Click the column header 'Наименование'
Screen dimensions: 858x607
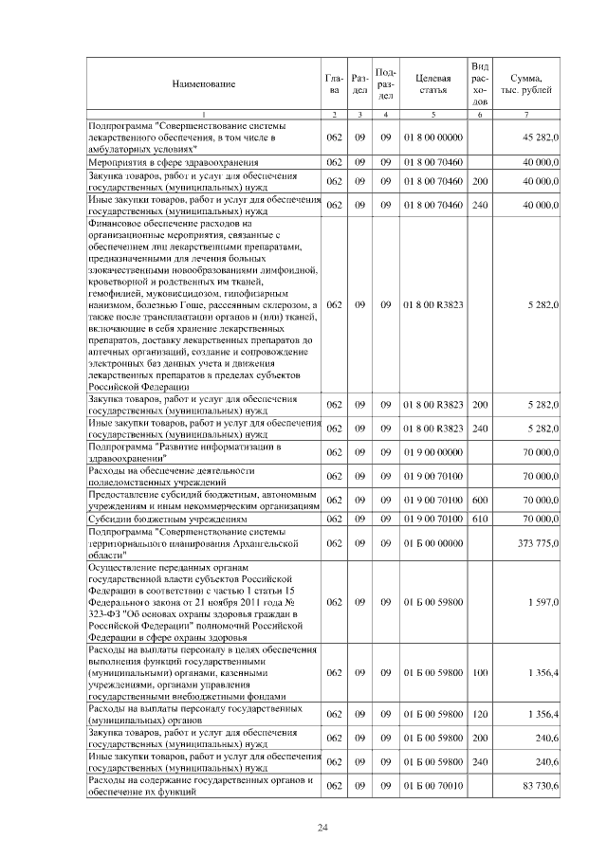pos(203,83)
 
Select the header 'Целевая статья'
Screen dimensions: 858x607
pos(432,83)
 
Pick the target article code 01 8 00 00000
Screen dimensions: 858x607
pos(432,137)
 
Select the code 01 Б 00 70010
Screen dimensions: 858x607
pos(432,786)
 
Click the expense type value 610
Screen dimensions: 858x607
pos(480,520)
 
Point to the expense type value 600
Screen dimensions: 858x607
pos(480,499)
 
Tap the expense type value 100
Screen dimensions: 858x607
pos(480,672)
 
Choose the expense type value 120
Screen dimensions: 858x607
pos(480,714)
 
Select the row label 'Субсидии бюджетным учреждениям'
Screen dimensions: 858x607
pos(167,520)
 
